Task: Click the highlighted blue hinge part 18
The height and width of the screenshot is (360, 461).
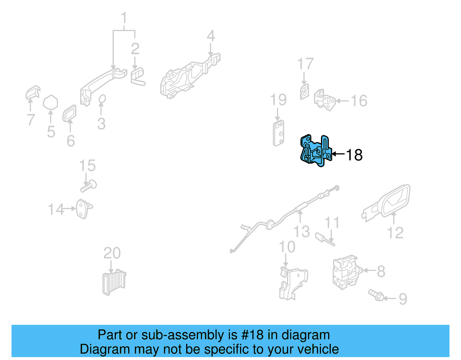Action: point(315,151)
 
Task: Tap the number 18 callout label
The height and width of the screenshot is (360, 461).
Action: point(354,155)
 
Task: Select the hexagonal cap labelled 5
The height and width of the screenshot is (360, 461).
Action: point(50,103)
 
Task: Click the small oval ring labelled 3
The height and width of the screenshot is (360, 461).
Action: point(102,99)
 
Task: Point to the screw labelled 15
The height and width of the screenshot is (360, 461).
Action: point(89,186)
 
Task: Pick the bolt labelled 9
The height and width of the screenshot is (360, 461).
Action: point(376,295)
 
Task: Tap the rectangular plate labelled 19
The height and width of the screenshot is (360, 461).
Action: point(279,133)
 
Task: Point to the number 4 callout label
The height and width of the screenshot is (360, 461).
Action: point(211,36)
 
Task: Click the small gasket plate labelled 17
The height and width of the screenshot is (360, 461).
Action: point(304,91)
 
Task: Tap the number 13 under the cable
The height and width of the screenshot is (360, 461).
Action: point(301,231)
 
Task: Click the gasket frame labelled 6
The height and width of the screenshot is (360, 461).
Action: point(69,113)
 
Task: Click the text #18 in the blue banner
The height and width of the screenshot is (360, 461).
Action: point(252,335)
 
